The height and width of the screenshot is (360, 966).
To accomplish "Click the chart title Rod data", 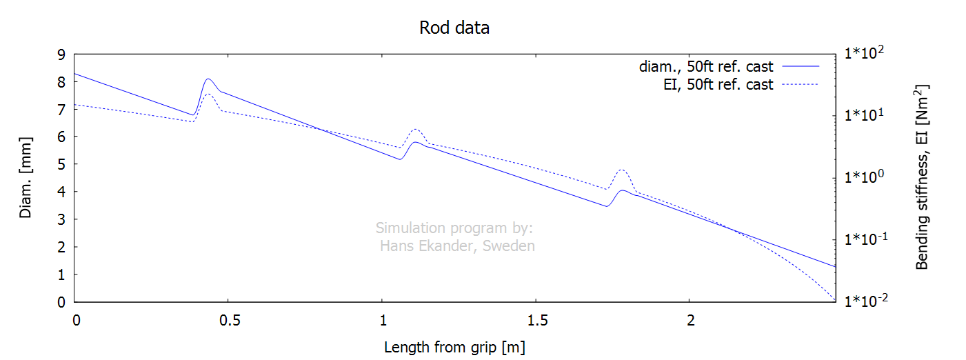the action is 454,28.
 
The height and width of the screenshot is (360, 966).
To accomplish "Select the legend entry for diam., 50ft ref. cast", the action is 729,66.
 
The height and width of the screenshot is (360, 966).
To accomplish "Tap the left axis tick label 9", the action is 61,54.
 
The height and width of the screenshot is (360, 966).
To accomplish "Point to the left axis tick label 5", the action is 61,164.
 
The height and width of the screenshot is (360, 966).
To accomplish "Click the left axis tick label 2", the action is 61,247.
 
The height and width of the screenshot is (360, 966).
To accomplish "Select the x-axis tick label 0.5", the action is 230,320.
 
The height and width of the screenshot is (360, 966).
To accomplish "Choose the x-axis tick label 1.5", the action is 537,320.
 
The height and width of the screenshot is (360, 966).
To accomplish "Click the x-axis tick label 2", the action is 690,320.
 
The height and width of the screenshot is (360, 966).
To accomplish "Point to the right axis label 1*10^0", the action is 864,177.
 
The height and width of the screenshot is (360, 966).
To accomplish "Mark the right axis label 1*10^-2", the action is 866,300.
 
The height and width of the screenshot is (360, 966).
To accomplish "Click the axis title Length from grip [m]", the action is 454,347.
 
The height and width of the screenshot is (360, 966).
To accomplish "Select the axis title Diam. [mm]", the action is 26,178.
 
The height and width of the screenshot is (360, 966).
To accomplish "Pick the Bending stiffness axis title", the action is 922,177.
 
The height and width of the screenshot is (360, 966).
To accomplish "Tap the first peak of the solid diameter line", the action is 208,79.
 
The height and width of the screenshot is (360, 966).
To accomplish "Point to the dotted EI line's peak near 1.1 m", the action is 416,129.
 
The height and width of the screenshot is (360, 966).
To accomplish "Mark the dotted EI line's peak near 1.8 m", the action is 622,170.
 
